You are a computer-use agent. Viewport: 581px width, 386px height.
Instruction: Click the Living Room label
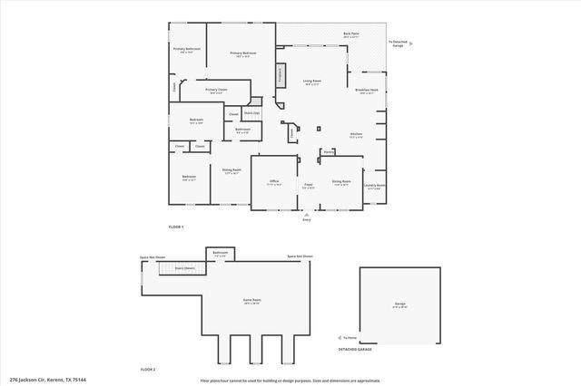[x=312, y=82]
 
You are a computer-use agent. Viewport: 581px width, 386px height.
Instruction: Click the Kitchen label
[x=357, y=135]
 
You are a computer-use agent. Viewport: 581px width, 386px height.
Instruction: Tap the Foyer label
[x=309, y=186]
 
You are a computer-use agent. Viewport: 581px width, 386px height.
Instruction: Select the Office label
[x=273, y=182]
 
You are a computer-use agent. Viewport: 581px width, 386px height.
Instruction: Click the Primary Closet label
[x=216, y=91]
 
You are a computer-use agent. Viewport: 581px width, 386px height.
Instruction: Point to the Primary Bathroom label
[x=186, y=50]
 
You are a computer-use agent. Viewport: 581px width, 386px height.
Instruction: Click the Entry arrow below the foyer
[x=306, y=216]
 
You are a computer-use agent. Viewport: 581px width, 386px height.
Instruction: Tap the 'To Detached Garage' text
[x=397, y=43]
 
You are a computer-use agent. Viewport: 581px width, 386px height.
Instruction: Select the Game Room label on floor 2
[x=251, y=301]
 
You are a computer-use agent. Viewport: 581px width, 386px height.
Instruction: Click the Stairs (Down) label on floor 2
[x=184, y=268]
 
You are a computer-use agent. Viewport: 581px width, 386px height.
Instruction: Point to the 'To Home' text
[x=350, y=337]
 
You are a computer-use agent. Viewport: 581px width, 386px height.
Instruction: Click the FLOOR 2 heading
[x=148, y=370]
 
